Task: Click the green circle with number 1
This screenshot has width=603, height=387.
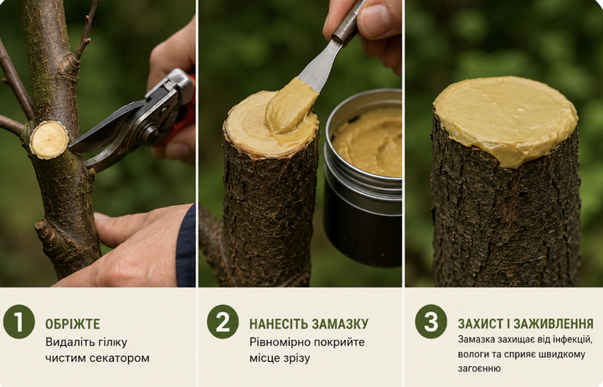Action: [x=18, y=322]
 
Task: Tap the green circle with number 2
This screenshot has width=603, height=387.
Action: [x=223, y=322]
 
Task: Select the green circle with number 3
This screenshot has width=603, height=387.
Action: [x=431, y=322]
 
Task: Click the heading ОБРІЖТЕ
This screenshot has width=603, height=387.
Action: [x=73, y=324]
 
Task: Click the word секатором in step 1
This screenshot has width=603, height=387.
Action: [x=119, y=359]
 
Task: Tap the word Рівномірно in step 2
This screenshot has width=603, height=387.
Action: [x=275, y=343]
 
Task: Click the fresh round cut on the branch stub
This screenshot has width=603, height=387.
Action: [x=49, y=140]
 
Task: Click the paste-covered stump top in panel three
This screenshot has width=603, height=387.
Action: [x=506, y=119]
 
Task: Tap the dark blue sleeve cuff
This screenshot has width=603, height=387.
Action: [x=186, y=246]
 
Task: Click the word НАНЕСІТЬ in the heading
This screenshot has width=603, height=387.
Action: [x=278, y=324]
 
